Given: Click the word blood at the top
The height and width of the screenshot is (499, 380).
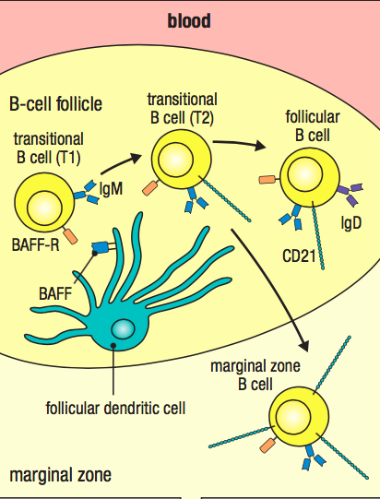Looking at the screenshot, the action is [x=189, y=21].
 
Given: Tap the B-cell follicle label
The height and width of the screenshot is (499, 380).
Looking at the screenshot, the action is [x=55, y=103].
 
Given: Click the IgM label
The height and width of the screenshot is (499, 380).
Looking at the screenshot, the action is [x=111, y=189].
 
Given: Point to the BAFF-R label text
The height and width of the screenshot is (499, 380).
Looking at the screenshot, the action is [x=35, y=245].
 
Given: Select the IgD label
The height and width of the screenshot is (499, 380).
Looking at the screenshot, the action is [x=351, y=222].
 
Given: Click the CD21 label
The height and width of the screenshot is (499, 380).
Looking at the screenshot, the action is [x=299, y=255].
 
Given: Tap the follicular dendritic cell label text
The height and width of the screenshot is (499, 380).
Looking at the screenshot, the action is [x=115, y=408].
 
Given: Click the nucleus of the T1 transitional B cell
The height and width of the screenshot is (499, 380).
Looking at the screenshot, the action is [x=44, y=208].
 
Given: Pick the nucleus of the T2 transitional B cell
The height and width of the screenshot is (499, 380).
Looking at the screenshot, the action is [x=175, y=160].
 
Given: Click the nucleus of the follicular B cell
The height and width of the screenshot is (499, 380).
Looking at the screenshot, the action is [x=304, y=174].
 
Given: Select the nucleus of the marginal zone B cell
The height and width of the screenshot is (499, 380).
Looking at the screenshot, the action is [x=292, y=416].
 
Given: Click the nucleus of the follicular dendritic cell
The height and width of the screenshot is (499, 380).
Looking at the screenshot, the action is [x=123, y=329].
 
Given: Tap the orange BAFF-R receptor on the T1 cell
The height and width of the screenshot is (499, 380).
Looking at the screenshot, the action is [x=70, y=236].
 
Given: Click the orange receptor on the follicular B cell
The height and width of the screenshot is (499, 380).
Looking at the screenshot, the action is [x=267, y=180].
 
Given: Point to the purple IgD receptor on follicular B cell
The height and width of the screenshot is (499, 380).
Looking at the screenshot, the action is [x=350, y=193].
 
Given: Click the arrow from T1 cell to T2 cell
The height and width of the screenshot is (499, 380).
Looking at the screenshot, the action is [x=121, y=163].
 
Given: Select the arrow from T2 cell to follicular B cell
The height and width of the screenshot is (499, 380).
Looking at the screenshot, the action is [x=239, y=144].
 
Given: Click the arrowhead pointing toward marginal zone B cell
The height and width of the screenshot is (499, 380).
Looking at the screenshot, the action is [x=303, y=346].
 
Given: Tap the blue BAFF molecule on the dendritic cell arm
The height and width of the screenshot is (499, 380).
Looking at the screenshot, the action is [x=100, y=247].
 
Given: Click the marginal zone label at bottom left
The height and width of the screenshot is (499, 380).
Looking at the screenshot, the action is [x=61, y=475].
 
